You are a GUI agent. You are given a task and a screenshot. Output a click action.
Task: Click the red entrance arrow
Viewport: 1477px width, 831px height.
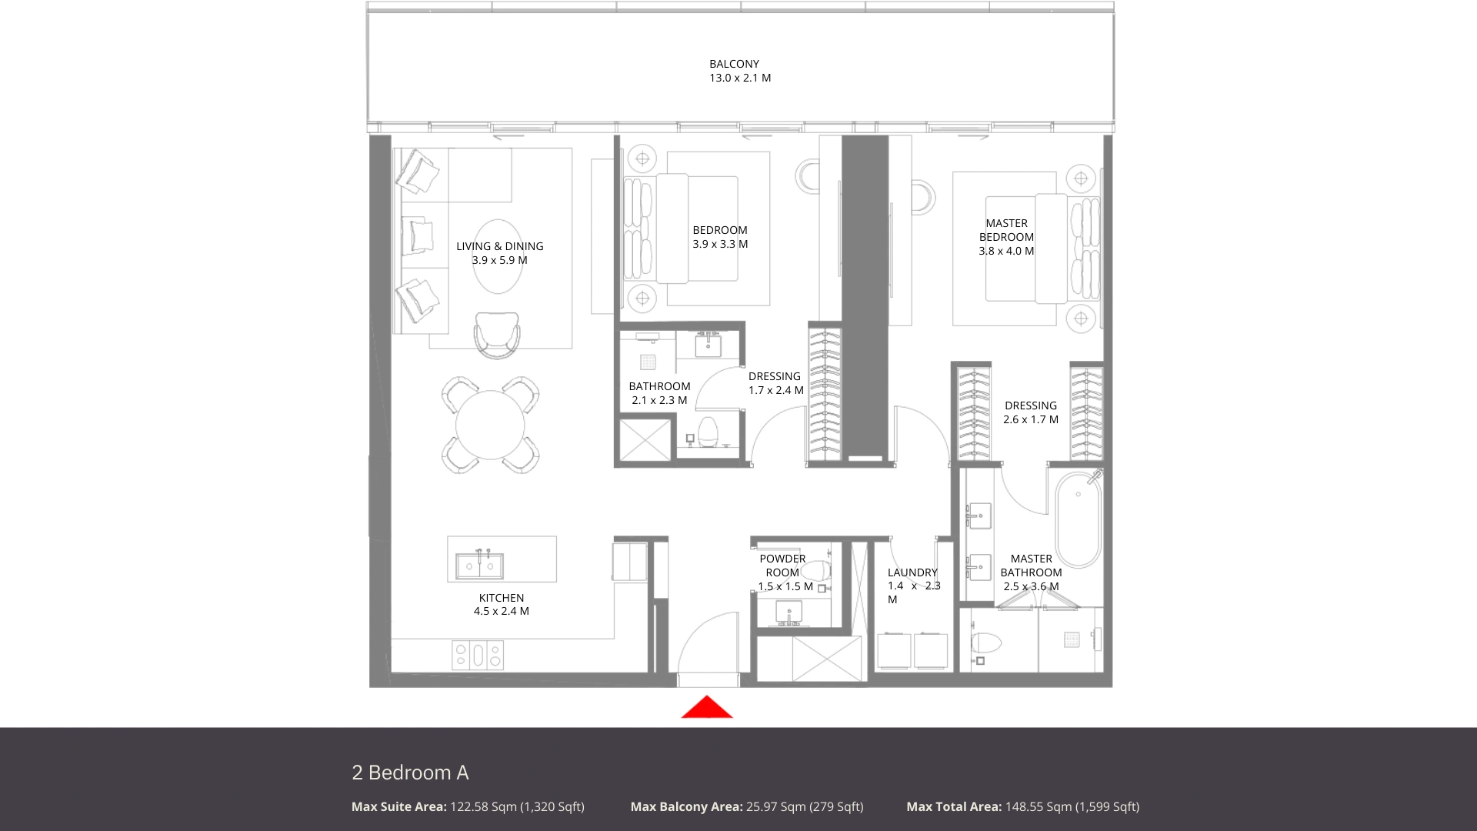point(707,707)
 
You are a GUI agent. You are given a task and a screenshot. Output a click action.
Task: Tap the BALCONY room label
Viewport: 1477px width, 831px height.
point(734,64)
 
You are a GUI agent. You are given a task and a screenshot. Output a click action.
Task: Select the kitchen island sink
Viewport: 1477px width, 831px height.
point(479,566)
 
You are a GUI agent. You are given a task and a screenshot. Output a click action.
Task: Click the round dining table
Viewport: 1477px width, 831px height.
point(490,425)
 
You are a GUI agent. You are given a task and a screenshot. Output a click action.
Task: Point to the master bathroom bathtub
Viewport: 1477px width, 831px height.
point(1079,520)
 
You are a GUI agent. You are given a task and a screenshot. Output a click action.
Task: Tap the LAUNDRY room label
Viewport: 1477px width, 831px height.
point(912,572)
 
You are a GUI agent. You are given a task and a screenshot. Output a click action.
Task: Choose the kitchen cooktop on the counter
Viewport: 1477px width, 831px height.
point(478,655)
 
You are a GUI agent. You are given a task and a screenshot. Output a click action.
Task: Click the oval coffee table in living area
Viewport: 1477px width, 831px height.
point(499,256)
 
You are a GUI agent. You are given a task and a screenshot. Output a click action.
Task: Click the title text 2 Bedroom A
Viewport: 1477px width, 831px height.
point(410,773)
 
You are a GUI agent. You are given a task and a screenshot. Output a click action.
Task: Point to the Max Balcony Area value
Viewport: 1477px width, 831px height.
point(805,806)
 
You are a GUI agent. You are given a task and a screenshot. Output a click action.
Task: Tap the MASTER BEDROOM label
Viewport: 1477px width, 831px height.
point(1006,230)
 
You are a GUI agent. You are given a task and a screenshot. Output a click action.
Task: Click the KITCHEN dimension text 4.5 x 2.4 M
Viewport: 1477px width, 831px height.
point(502,611)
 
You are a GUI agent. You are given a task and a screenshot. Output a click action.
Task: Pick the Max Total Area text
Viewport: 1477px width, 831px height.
point(1023,806)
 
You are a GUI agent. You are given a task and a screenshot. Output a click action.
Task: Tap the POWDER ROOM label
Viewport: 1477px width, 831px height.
point(782,566)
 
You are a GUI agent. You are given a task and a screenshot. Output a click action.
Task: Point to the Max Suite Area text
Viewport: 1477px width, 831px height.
point(468,806)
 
